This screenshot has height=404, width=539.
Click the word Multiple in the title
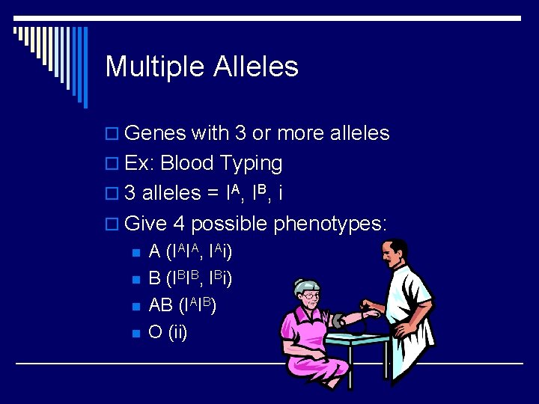[x=155, y=67]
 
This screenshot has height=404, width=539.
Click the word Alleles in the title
[x=256, y=67]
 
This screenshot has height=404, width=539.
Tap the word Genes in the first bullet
[x=155, y=134]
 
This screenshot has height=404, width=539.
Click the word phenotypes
[x=330, y=224]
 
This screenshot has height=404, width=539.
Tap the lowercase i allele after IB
[x=280, y=194]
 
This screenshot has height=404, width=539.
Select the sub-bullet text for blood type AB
[x=182, y=305]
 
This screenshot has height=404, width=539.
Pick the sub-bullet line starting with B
[x=190, y=278]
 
